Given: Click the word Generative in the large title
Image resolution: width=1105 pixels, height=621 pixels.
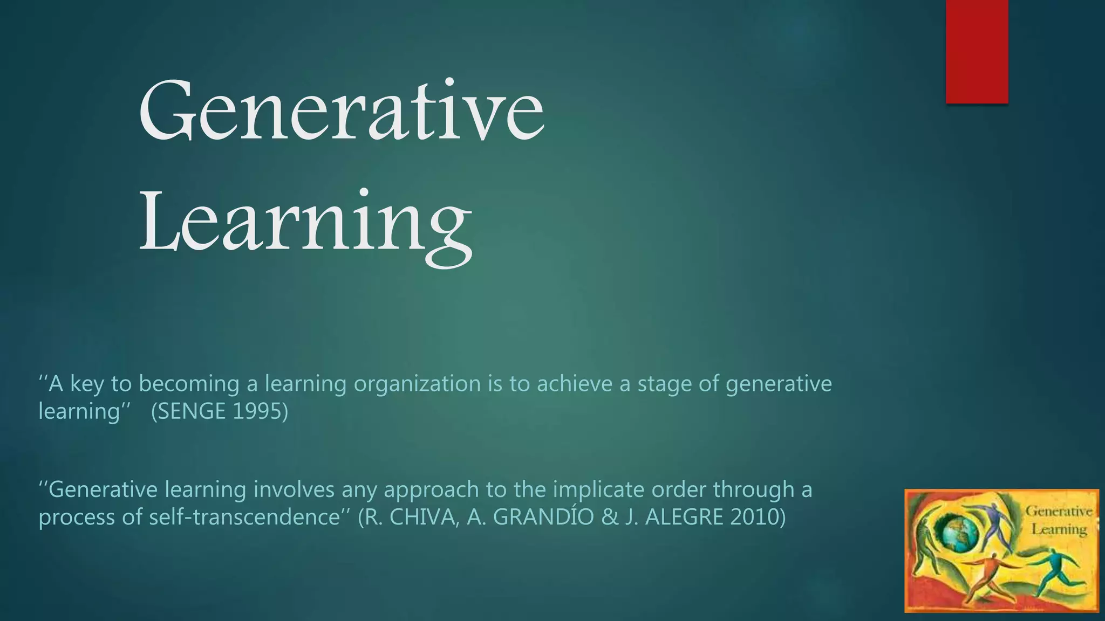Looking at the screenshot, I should point(342,111).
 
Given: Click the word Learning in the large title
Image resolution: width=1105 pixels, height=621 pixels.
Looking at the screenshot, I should point(305,222).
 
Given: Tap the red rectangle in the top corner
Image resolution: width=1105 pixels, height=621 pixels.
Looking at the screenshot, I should point(977,51).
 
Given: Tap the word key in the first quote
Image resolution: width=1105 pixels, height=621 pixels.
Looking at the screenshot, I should point(87,384).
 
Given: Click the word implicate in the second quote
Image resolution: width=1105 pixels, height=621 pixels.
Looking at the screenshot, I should point(599,490).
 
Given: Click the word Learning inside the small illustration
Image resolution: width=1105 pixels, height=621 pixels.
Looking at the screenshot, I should point(1059,529).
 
